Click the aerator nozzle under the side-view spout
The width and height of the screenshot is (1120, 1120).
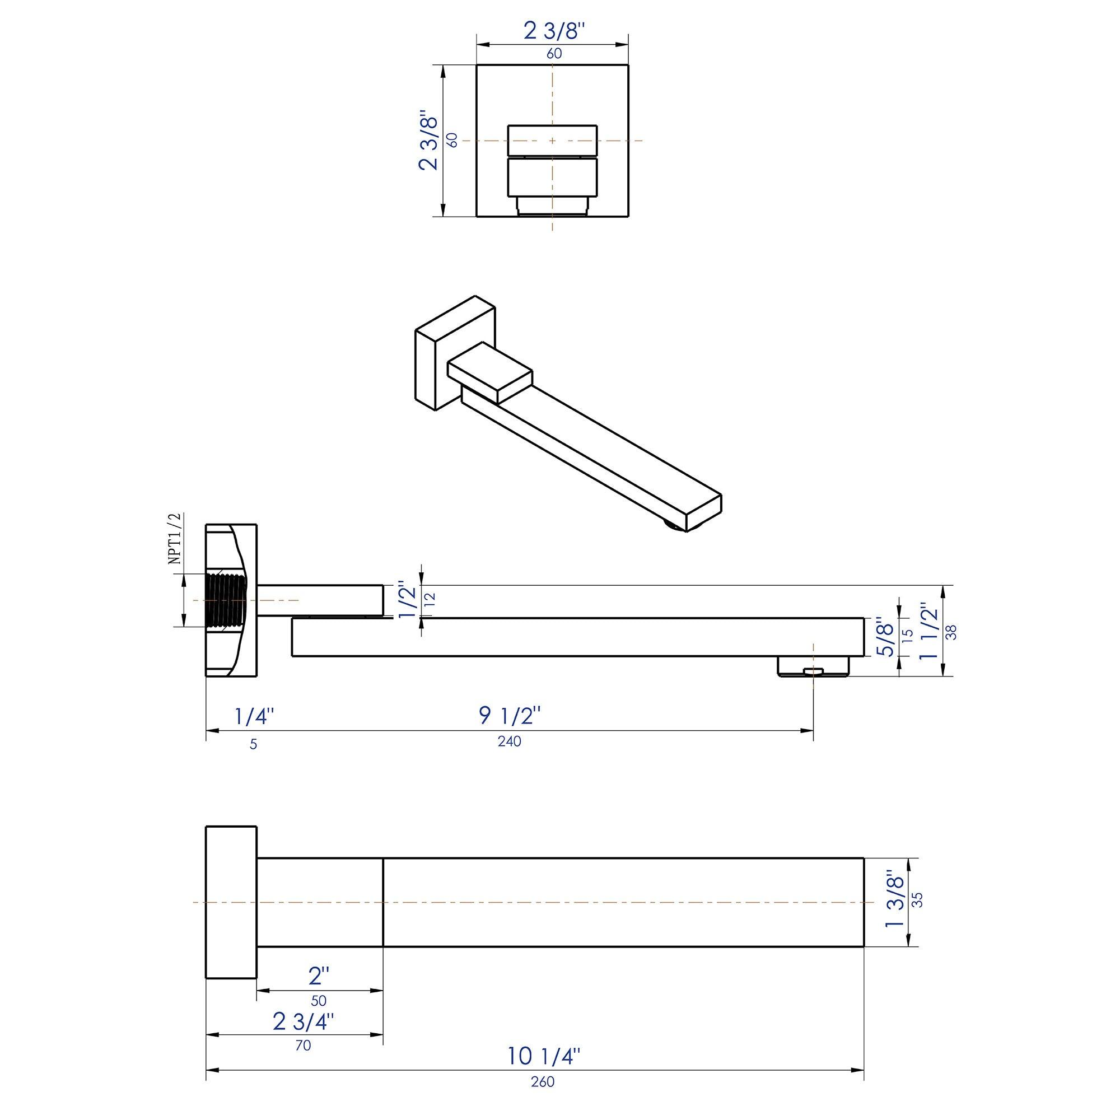click(x=813, y=666)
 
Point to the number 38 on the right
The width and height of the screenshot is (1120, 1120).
click(x=951, y=631)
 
